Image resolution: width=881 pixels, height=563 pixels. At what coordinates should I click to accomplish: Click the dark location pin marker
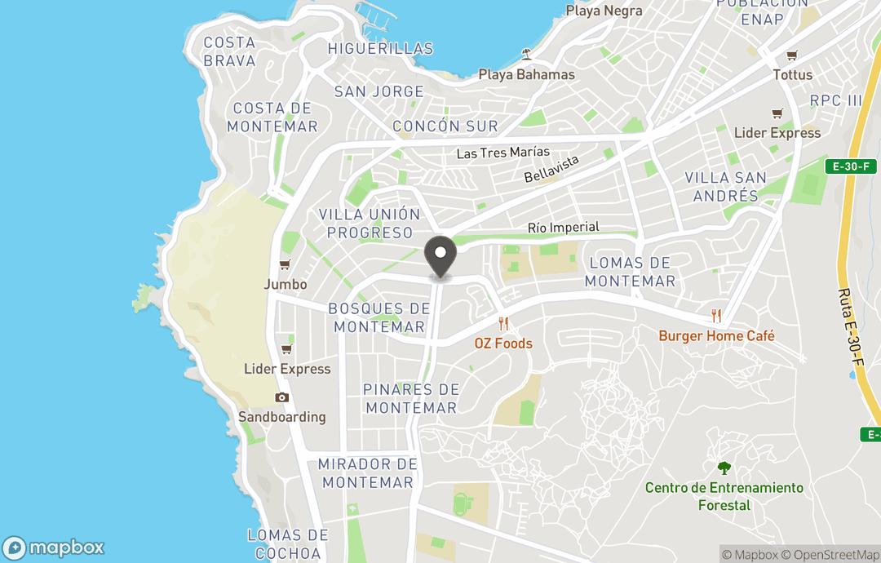click(x=440, y=256)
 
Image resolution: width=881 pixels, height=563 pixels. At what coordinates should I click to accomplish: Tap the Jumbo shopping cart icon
click(x=285, y=265)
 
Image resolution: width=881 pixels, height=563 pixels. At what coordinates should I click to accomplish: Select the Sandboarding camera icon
click(x=282, y=397)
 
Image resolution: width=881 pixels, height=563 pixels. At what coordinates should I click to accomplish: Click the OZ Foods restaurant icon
click(x=503, y=324)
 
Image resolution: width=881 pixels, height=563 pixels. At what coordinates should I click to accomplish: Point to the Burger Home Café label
click(x=716, y=335)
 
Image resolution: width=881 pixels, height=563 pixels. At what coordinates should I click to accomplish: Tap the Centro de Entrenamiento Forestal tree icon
click(x=724, y=468)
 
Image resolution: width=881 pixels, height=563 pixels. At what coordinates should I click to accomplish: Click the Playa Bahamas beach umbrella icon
click(x=526, y=55)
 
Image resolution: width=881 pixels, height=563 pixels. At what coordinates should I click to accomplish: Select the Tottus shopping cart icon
click(x=791, y=55)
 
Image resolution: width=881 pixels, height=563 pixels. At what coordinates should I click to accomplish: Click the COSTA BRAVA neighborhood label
click(x=229, y=51)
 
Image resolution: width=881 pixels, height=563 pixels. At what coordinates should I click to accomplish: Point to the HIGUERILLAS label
click(x=380, y=49)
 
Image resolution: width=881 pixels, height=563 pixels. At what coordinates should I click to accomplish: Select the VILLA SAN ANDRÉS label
click(x=725, y=187)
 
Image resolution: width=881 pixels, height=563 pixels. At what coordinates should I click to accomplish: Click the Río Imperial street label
click(x=563, y=228)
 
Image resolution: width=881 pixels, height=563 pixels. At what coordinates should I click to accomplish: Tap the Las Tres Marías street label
click(x=502, y=153)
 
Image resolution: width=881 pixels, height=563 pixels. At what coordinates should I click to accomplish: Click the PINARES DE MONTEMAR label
click(x=411, y=398)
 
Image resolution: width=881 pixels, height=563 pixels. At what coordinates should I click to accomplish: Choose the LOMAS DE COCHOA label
click(x=287, y=544)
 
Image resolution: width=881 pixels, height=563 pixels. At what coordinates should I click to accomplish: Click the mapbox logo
click(x=54, y=547)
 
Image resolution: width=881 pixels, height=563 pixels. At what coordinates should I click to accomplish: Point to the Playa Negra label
click(x=604, y=11)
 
